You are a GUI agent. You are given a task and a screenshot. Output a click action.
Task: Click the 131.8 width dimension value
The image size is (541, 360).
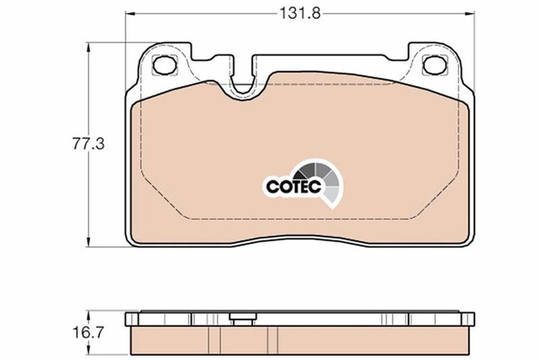[x=299, y=14]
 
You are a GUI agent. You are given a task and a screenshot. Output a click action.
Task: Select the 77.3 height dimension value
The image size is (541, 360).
[x=88, y=144]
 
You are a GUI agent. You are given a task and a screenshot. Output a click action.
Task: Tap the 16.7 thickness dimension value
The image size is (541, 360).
[x=88, y=333]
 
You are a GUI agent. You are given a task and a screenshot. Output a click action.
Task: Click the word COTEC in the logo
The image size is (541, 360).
[x=293, y=187]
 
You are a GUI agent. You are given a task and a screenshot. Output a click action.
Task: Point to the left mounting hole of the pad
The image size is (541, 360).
[x=164, y=65]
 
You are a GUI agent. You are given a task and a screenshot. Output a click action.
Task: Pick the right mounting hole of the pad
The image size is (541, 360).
[x=435, y=65]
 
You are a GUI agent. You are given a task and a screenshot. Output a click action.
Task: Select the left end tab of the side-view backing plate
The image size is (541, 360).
[x=131, y=319]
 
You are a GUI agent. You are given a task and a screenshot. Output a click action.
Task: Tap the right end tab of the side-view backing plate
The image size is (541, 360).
[x=468, y=319]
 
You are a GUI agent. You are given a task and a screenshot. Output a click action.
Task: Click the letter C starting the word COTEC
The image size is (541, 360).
[x=272, y=187]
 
